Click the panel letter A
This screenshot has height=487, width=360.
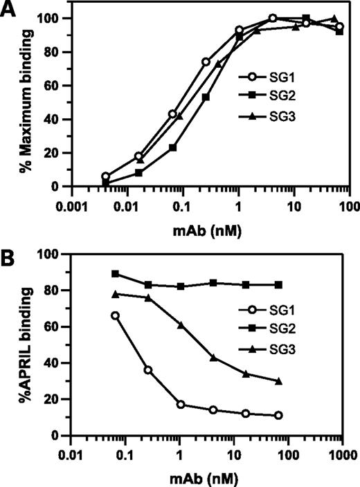9,10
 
